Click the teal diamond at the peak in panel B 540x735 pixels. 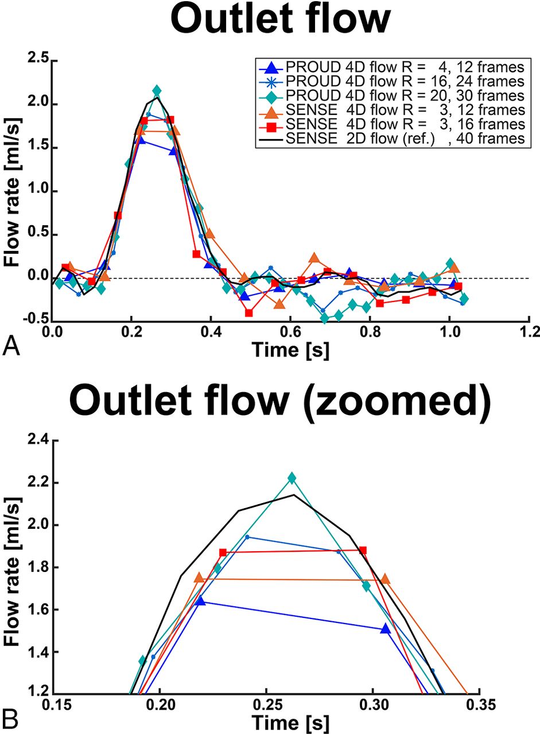click(292, 478)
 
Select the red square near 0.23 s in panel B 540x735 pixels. click(223, 552)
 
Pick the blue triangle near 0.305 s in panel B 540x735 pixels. click(385, 629)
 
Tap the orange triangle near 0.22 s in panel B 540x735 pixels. click(199, 578)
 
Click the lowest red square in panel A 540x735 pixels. click(248, 313)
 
